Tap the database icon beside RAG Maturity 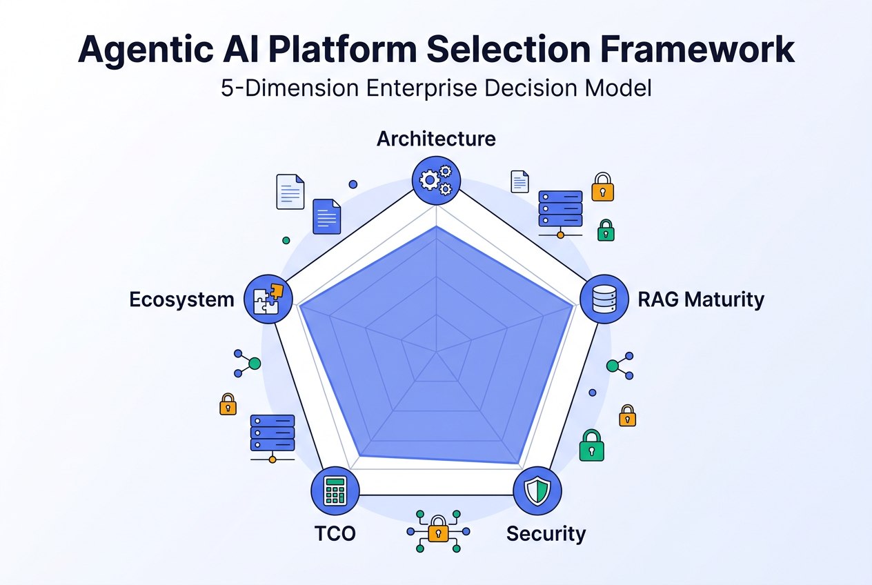(x=604, y=299)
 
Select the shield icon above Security (x=537, y=491)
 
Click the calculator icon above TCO (x=335, y=491)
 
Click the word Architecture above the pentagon (x=436, y=139)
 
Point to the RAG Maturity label (x=701, y=299)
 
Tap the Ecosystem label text (x=182, y=300)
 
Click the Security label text (x=546, y=533)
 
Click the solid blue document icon (x=327, y=217)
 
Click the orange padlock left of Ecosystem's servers (x=228, y=404)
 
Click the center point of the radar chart (x=436, y=352)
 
